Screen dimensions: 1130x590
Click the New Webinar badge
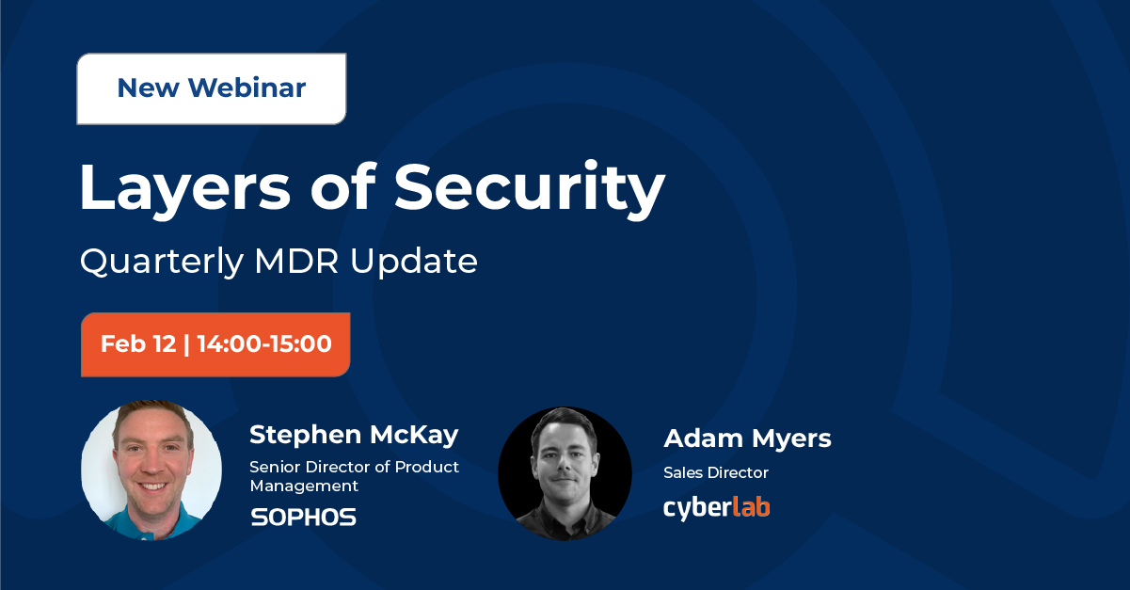click(212, 88)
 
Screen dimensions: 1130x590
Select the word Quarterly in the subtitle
click(162, 263)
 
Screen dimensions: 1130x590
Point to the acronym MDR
click(296, 262)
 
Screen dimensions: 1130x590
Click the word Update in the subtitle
click(414, 263)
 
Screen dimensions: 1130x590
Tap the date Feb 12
click(138, 344)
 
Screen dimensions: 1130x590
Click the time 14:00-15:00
click(264, 344)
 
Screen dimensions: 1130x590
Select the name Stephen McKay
click(354, 435)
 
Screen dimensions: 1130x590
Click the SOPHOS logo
click(304, 518)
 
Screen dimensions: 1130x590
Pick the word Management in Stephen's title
click(304, 486)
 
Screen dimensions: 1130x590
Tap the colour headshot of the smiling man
click(151, 470)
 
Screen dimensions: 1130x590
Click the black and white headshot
click(565, 474)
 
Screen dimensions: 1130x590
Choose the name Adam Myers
click(748, 439)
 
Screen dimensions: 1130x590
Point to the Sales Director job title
click(716, 473)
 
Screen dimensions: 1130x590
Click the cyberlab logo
click(717, 508)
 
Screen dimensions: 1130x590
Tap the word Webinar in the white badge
click(247, 88)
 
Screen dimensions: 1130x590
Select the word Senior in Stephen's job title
click(275, 468)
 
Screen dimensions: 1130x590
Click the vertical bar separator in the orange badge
click(186, 344)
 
